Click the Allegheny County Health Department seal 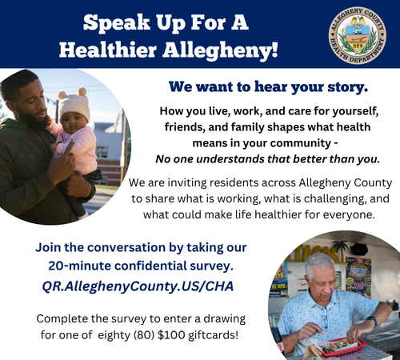tap(358, 35)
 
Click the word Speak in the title tap(117, 22)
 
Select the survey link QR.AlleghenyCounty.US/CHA tap(138, 286)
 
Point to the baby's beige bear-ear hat tap(74, 102)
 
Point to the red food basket tap(342, 347)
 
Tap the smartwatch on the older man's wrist tap(372, 321)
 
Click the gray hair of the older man tap(318, 264)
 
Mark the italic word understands tap(230, 159)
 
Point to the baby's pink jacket tap(78, 150)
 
